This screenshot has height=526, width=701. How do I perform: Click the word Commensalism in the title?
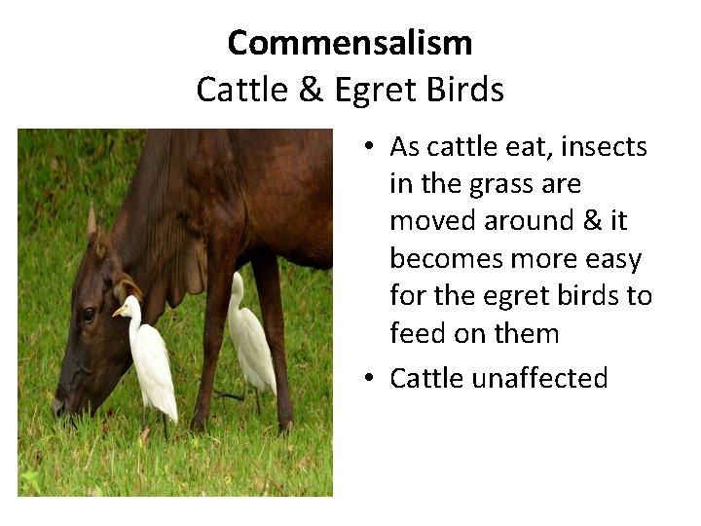tap(350, 43)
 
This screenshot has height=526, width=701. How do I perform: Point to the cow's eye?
tap(89, 314)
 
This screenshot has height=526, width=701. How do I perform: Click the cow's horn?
tap(92, 218)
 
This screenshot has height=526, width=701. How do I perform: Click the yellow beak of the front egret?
tap(120, 312)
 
